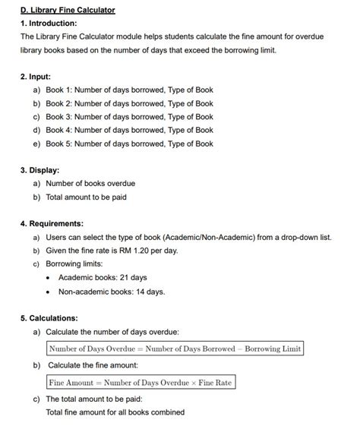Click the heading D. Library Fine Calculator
(68, 10)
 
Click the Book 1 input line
(129, 90)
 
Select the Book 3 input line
(129, 117)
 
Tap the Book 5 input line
(129, 144)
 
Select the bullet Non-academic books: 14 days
(111, 291)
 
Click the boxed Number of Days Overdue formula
(175, 349)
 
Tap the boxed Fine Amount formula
(141, 383)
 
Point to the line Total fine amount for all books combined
(115, 412)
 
